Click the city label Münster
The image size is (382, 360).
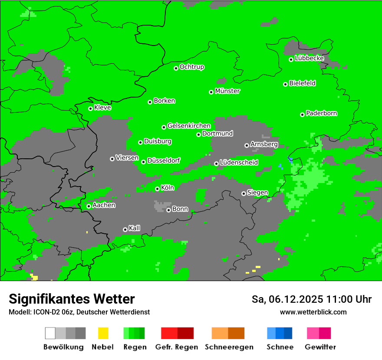click(227, 91)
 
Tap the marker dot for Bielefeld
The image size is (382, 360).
click(286, 84)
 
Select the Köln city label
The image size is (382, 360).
click(168, 188)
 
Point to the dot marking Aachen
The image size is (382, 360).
click(89, 206)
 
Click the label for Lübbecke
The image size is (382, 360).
click(310, 58)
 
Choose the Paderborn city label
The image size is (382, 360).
click(322, 113)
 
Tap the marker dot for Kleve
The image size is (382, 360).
click(90, 108)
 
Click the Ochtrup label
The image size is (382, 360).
click(192, 67)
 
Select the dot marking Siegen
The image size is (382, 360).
click(244, 193)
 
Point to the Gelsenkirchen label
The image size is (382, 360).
click(189, 126)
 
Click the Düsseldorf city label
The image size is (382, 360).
click(164, 160)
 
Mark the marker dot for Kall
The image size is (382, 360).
click(125, 229)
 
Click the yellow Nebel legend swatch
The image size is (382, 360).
click(103, 333)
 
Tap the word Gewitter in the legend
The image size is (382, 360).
click(320, 347)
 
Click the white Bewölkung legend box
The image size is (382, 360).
click(50, 333)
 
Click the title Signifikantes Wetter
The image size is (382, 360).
click(72, 299)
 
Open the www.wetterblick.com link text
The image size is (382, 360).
click(313, 312)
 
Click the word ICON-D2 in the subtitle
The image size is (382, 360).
click(43, 312)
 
